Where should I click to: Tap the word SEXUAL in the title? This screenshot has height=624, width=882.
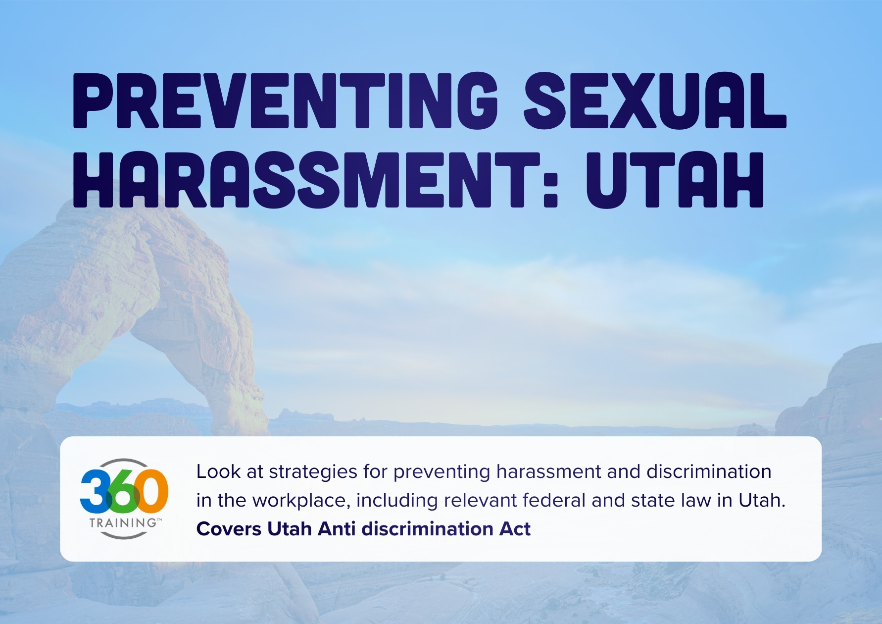tap(654, 101)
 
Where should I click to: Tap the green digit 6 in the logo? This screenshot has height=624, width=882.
tap(122, 492)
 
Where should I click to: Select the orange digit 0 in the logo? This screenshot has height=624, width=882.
tap(151, 491)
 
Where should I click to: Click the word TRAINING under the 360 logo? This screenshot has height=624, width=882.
tap(123, 522)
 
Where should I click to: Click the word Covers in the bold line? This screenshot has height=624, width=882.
tap(229, 529)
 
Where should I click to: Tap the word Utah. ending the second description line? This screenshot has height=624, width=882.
tap(762, 501)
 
